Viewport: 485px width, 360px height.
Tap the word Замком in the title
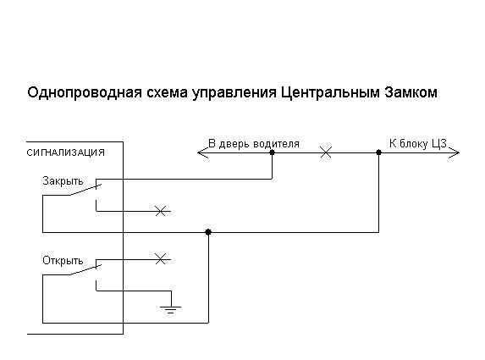tap(410, 92)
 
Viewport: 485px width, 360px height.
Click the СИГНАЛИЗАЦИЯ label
tap(66, 152)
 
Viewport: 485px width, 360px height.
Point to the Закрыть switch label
tap(62, 180)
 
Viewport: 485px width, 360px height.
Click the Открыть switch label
tap(62, 260)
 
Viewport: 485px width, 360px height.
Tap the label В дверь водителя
tap(254, 143)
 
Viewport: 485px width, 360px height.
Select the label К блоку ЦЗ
tap(417, 143)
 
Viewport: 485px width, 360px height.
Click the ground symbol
tap(171, 307)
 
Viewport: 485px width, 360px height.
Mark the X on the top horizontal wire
tap(324, 153)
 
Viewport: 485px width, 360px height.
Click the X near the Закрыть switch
tap(161, 210)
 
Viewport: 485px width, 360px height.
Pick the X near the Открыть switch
tap(161, 257)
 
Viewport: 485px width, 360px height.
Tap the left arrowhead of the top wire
tap(201, 153)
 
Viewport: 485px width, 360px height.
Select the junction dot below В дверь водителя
tap(272, 153)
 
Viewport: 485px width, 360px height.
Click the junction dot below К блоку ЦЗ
tap(378, 153)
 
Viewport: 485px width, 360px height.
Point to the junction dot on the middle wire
tap(208, 231)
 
